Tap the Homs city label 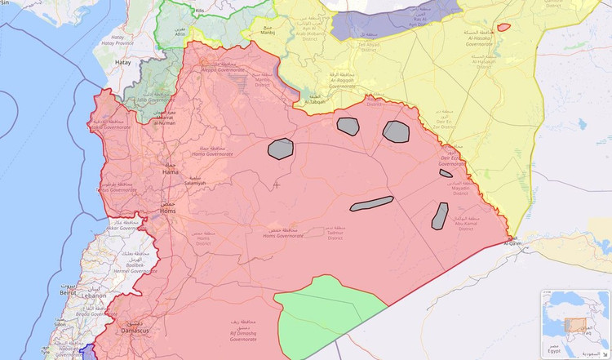pos(167,211)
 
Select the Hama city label pos(171,172)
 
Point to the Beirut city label pos(69,291)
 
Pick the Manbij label pos(268,33)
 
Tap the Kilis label pos(199,11)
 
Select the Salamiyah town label pos(195,184)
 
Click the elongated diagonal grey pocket pos(371,204)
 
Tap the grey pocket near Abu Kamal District pos(440,216)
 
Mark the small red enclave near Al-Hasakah pos(503,27)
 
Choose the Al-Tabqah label pos(313,102)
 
